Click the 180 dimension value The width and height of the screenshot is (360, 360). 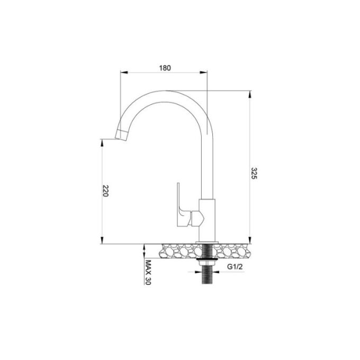pyautogui.click(x=165, y=68)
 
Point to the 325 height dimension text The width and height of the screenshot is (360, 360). pyautogui.click(x=254, y=174)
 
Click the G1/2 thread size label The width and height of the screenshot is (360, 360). pyautogui.click(x=236, y=267)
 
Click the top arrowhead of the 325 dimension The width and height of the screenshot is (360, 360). pyautogui.click(x=249, y=94)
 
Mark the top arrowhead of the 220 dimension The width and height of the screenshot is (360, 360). pyautogui.click(x=101, y=142)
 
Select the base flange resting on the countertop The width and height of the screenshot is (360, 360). pyautogui.click(x=206, y=242)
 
